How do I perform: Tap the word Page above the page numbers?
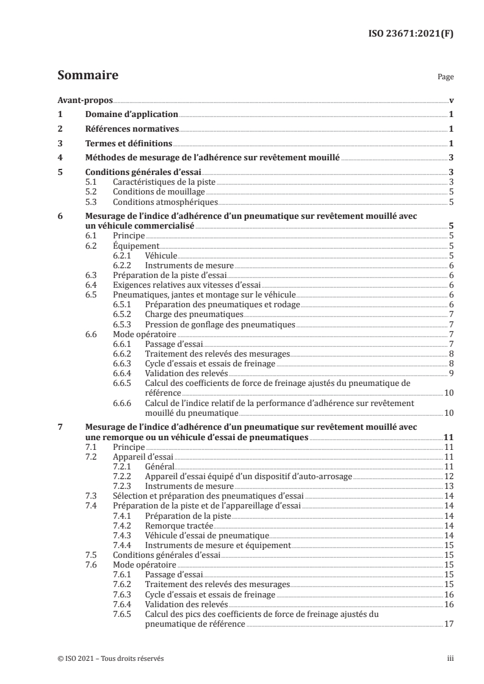446,78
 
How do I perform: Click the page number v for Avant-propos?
450,100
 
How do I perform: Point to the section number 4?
60,157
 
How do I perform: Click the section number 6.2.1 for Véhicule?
123,256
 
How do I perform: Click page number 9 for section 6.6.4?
450,373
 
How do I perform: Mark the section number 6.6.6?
123,403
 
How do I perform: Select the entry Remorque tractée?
174,525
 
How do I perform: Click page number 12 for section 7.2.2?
448,476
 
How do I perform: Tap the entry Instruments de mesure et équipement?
217,545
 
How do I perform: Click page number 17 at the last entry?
448,624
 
